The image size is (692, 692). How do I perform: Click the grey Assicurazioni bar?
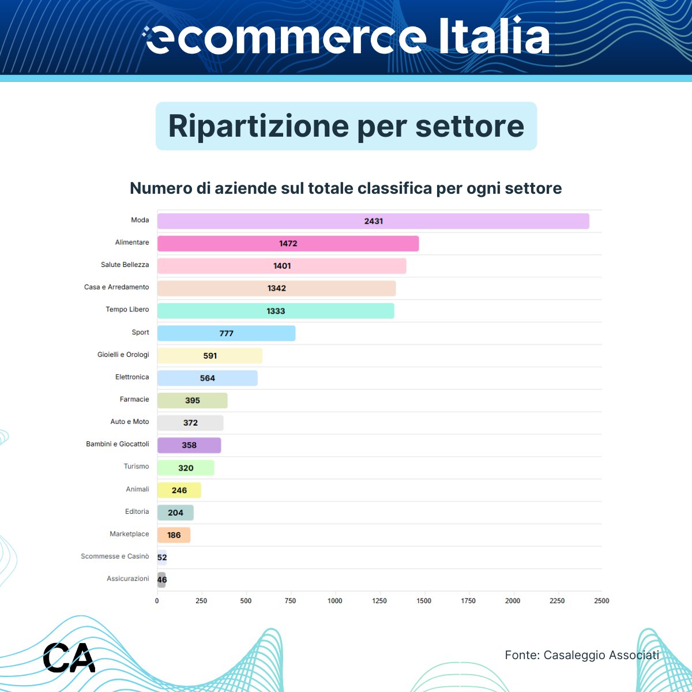click(x=162, y=580)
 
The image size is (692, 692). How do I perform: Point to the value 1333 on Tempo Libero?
click(x=276, y=311)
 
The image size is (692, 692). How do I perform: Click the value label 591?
click(x=210, y=356)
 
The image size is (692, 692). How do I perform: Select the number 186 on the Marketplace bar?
click(x=174, y=535)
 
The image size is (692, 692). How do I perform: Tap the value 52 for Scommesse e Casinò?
click(x=162, y=557)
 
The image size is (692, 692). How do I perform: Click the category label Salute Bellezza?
click(x=125, y=265)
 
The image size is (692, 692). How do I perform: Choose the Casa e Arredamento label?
click(x=116, y=287)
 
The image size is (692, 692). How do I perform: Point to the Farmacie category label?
click(x=134, y=399)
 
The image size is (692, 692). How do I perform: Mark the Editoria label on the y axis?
click(x=137, y=512)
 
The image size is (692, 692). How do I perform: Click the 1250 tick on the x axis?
click(x=379, y=601)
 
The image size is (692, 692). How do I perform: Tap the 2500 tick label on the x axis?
click(x=601, y=601)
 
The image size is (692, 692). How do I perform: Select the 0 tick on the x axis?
click(x=157, y=601)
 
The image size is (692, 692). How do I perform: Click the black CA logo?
click(x=69, y=657)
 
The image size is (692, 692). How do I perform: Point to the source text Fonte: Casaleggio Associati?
click(x=581, y=655)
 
